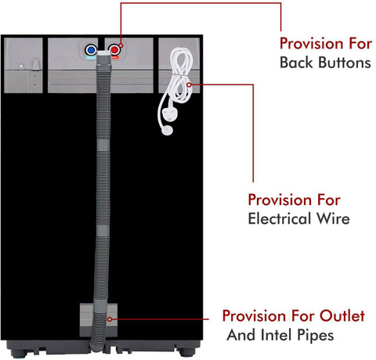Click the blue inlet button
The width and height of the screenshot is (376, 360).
tap(91, 49)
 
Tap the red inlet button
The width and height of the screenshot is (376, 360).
tap(114, 49)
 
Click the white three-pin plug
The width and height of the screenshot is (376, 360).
tap(169, 113)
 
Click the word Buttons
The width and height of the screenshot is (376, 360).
tap(345, 63)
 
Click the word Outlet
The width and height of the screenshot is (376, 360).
tap(342, 316)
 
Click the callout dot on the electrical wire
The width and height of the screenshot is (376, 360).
tap(189, 85)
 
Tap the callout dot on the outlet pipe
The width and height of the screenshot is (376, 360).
tap(110, 319)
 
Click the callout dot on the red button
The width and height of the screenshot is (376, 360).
tap(121, 45)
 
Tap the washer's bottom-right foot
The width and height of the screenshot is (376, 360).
tap(187, 352)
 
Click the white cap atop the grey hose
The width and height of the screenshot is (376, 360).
tap(104, 54)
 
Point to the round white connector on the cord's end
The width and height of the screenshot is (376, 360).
tap(167, 131)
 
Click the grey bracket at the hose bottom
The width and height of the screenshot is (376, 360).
tap(99, 320)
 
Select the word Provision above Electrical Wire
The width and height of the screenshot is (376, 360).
tap(280, 200)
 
